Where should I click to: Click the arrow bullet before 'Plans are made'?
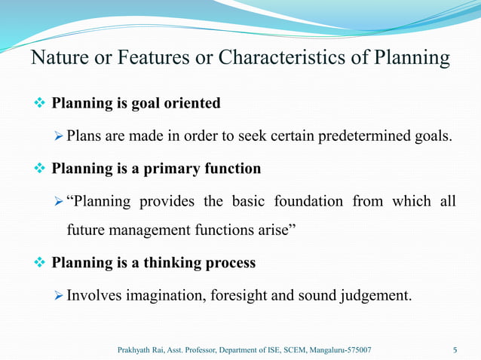(60, 136)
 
